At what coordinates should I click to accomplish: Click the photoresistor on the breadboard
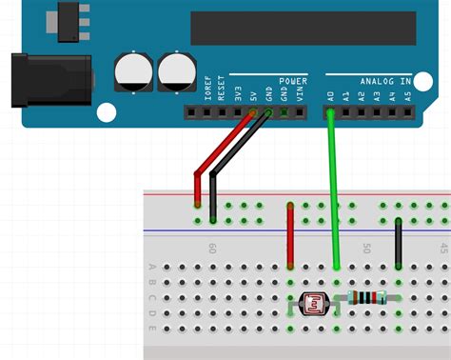coord(312,304)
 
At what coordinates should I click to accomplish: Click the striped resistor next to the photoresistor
coord(367,297)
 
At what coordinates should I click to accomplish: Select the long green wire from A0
coord(333,190)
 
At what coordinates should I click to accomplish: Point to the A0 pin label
coord(329,95)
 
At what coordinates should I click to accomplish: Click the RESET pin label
coord(221,89)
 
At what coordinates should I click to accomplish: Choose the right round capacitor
coord(176,71)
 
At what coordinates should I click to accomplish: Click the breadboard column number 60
coord(211,248)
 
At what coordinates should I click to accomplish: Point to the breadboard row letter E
coord(152,330)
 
